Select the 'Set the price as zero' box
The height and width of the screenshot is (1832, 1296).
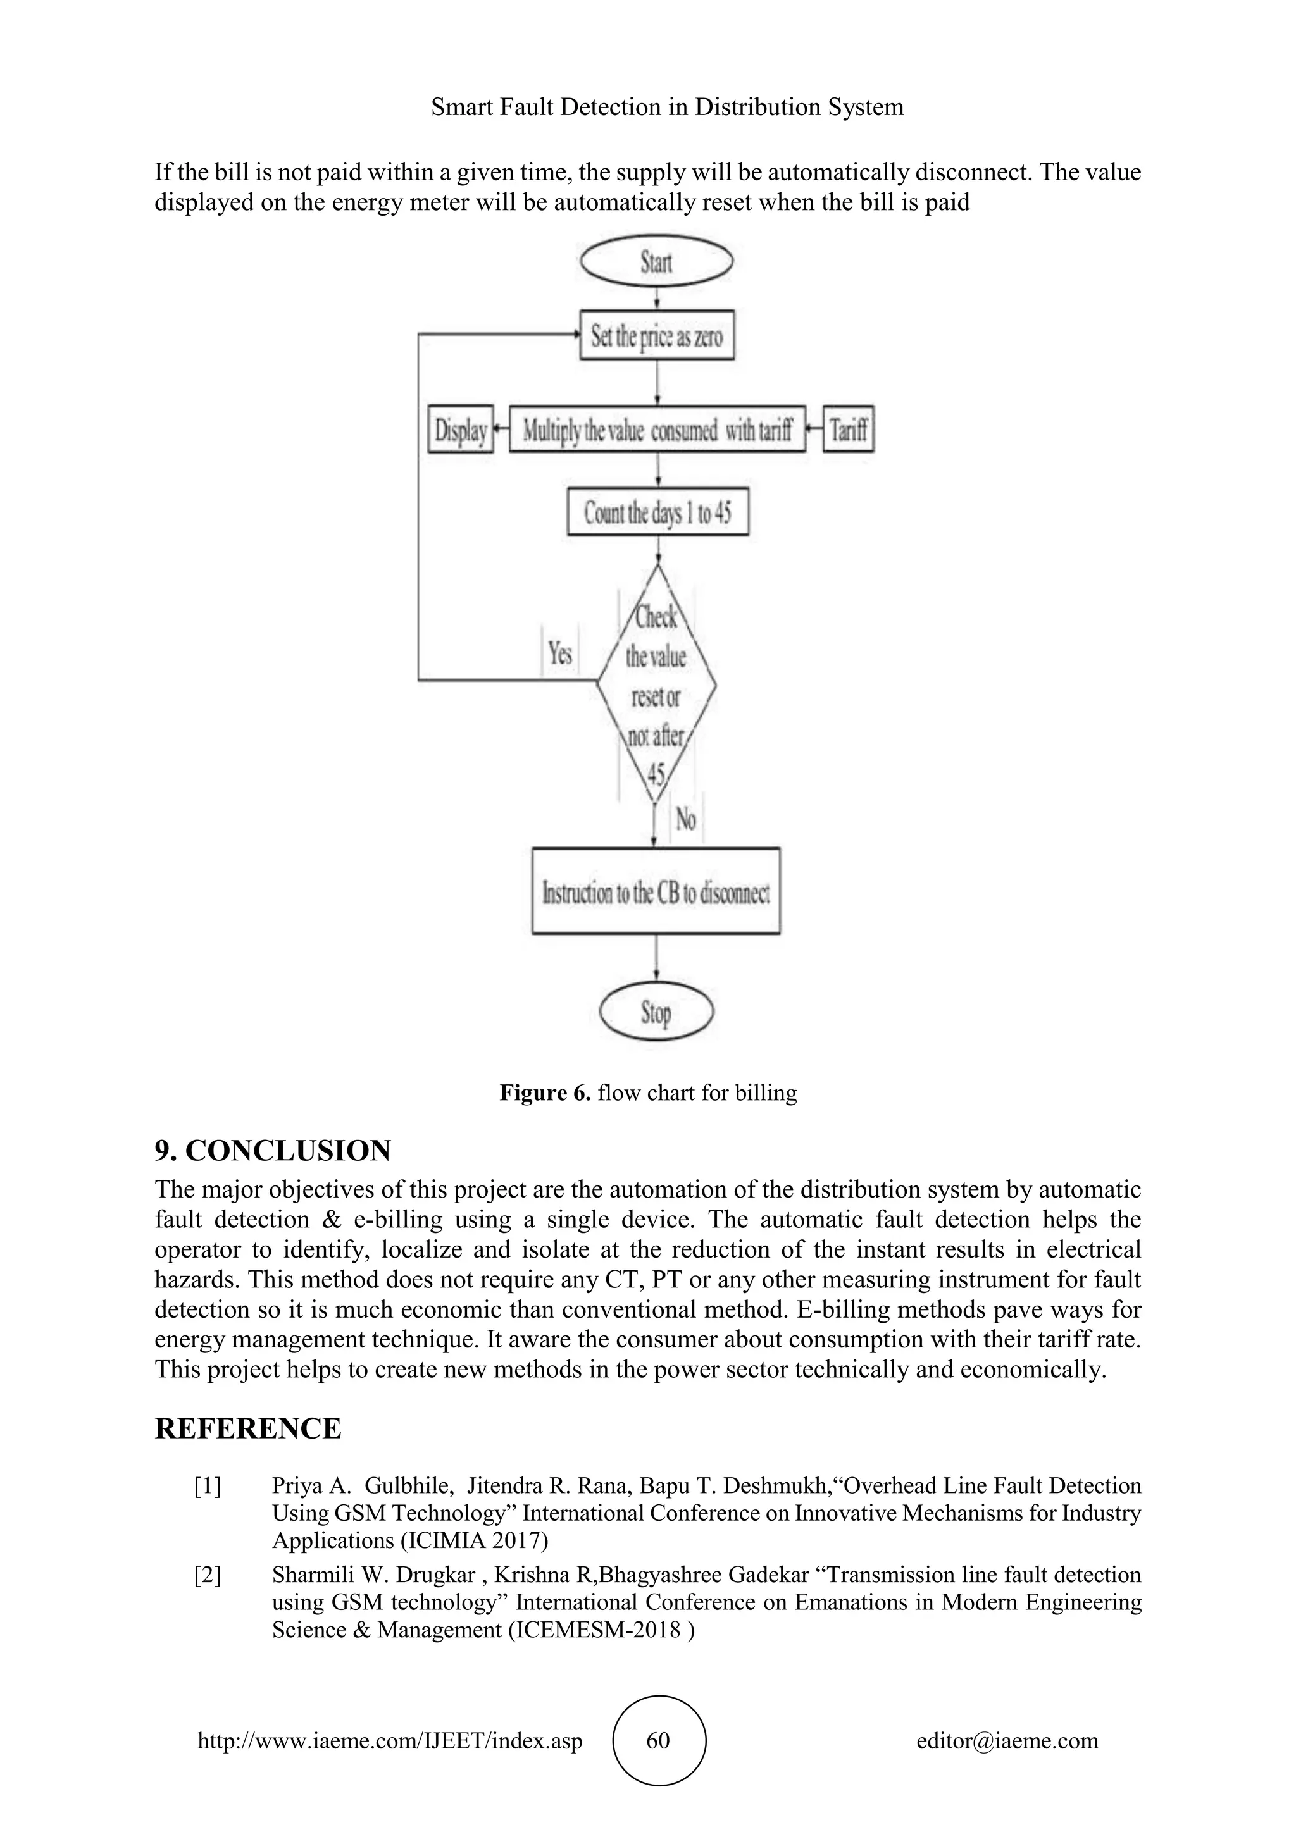click(657, 335)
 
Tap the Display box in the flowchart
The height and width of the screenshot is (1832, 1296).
click(461, 430)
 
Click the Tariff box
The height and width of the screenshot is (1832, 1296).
click(849, 430)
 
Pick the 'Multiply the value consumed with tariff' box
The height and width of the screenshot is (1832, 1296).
click(657, 430)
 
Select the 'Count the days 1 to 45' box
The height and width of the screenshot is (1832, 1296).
click(657, 512)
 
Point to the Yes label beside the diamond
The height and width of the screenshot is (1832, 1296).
click(560, 653)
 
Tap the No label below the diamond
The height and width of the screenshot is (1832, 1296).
click(685, 819)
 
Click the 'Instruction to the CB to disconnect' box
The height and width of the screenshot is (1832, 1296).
click(656, 891)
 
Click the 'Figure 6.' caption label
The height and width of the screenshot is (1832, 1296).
click(545, 1092)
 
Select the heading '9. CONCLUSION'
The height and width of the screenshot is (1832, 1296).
click(273, 1150)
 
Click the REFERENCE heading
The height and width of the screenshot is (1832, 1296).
click(247, 1428)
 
